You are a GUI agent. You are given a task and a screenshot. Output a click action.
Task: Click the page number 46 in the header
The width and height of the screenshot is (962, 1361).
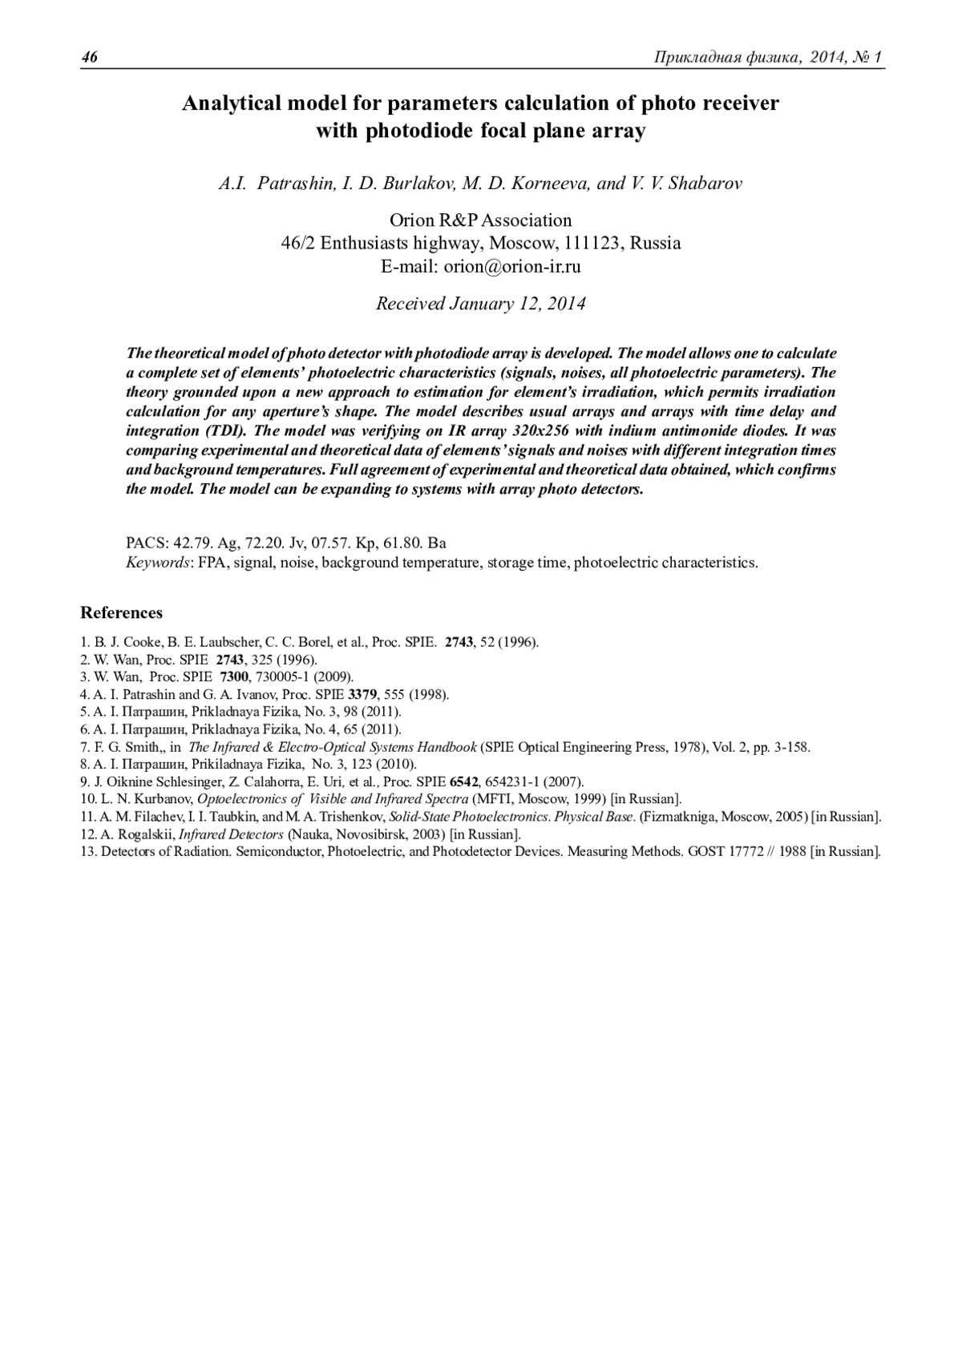89,58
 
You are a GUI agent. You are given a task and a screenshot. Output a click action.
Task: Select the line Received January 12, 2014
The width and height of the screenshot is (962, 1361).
481,304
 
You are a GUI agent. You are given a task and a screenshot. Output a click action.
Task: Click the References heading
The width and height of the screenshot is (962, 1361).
121,613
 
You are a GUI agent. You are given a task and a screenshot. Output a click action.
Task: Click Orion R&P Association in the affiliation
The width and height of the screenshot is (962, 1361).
481,220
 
